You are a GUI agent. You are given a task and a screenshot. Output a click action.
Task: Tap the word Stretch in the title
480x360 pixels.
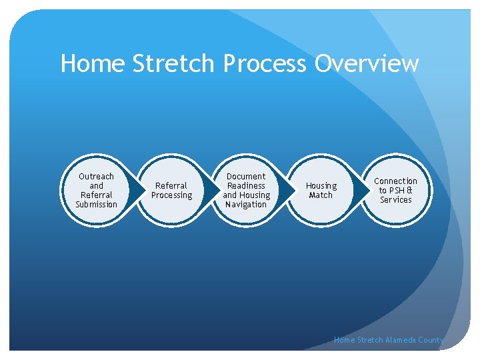coord(173,64)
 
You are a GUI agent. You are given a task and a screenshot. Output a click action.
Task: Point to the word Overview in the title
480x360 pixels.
coord(367,64)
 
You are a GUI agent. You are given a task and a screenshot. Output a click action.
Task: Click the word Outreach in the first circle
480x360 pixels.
coord(97,177)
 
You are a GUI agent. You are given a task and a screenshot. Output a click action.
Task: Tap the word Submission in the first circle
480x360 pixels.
coord(97,205)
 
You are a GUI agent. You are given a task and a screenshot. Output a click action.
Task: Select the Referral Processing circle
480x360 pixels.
coord(171,191)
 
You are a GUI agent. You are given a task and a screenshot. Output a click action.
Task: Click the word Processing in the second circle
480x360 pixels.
coord(171,195)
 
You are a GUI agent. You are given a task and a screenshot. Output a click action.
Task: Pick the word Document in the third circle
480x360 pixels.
coord(246,177)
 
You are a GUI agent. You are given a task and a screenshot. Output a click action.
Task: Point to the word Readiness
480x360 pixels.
coord(246,186)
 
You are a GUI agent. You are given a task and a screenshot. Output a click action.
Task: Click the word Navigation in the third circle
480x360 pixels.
coord(246,205)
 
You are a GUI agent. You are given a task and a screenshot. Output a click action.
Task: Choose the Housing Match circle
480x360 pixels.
coord(321,191)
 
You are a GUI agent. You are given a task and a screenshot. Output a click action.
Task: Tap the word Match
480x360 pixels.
coord(321,195)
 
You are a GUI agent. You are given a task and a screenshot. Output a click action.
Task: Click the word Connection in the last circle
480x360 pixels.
coord(395,181)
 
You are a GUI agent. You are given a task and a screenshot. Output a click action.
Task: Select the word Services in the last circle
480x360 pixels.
coord(395,200)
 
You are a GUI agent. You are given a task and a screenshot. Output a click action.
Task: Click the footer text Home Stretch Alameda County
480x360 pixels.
coord(388,340)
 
